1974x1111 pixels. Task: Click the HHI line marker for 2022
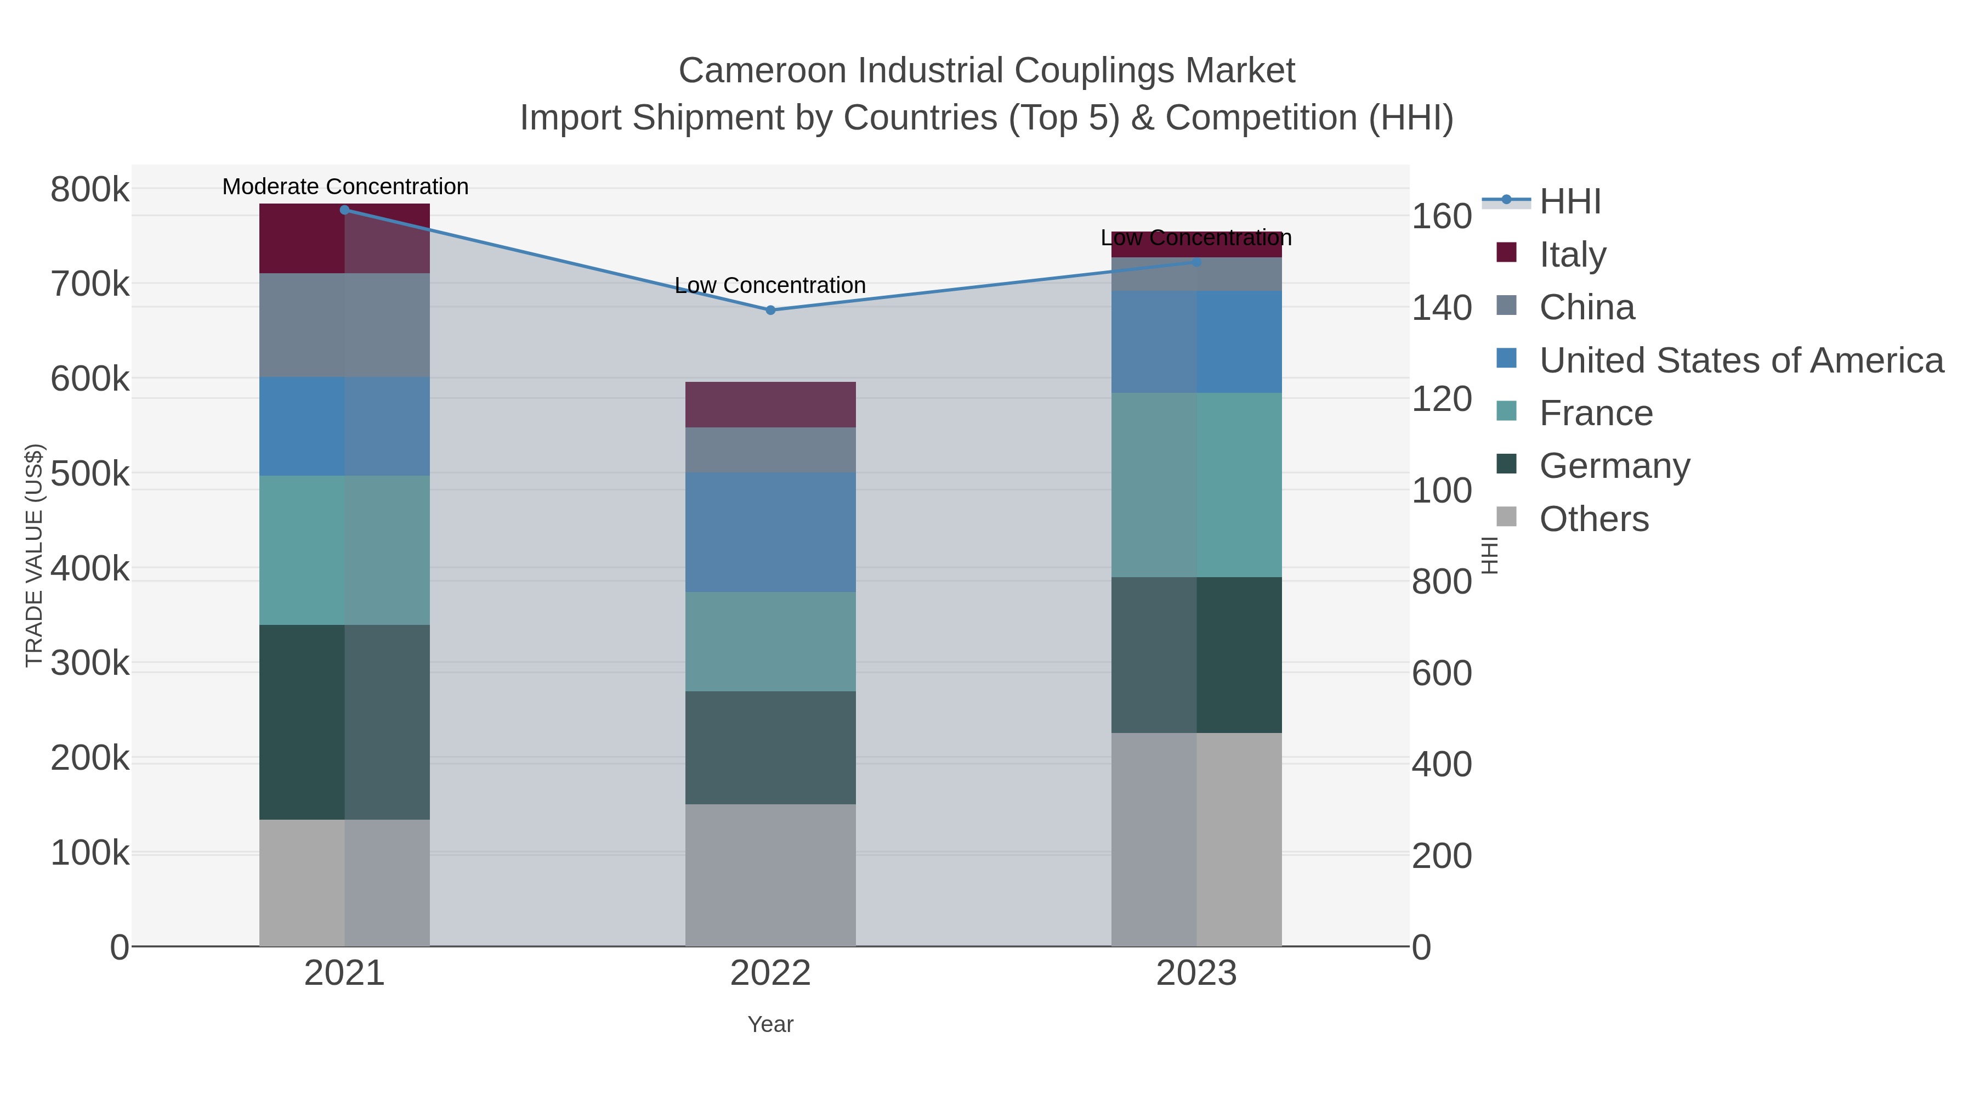770,311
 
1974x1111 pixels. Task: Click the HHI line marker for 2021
345,210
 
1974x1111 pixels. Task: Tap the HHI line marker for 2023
1197,262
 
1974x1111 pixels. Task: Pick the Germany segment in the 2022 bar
770,748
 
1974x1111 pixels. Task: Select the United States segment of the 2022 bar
770,532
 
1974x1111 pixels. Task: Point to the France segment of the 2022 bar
770,642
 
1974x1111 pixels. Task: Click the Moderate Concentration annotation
345,187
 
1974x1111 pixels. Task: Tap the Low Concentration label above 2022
770,286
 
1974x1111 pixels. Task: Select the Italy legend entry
1573,255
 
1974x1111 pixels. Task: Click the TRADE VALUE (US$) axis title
35,555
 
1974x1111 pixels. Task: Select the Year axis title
770,1024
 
